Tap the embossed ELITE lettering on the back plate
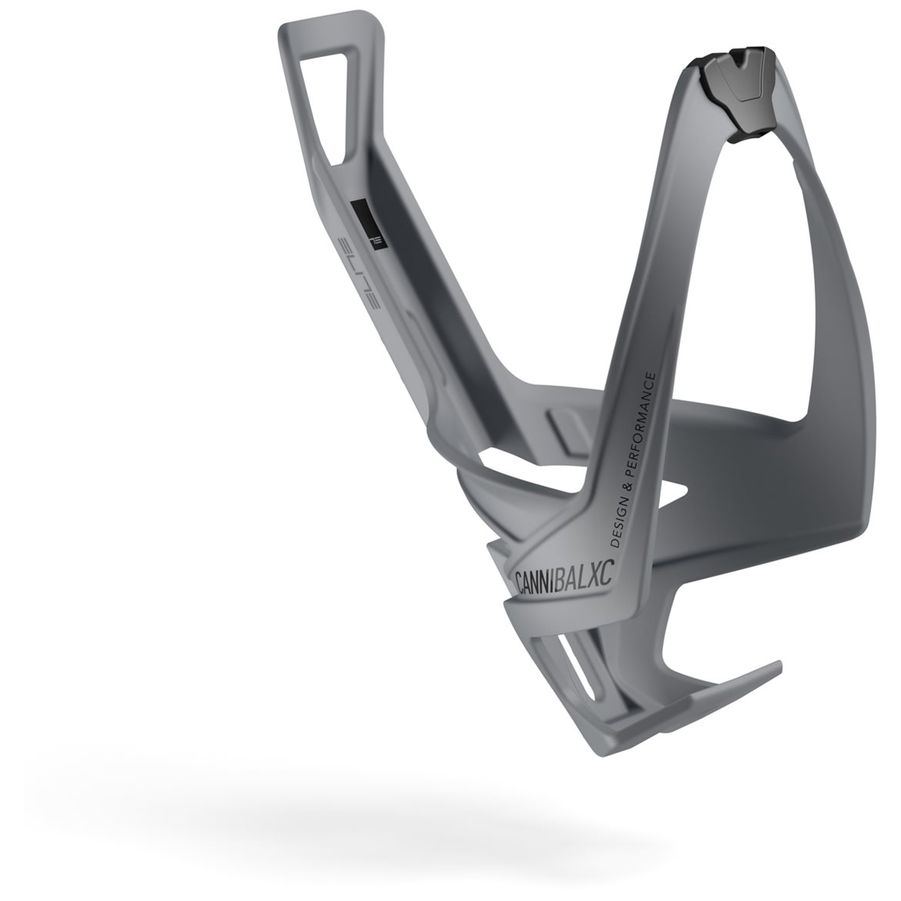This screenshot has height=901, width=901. (x=358, y=273)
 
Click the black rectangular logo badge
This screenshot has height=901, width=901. (x=368, y=224)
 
